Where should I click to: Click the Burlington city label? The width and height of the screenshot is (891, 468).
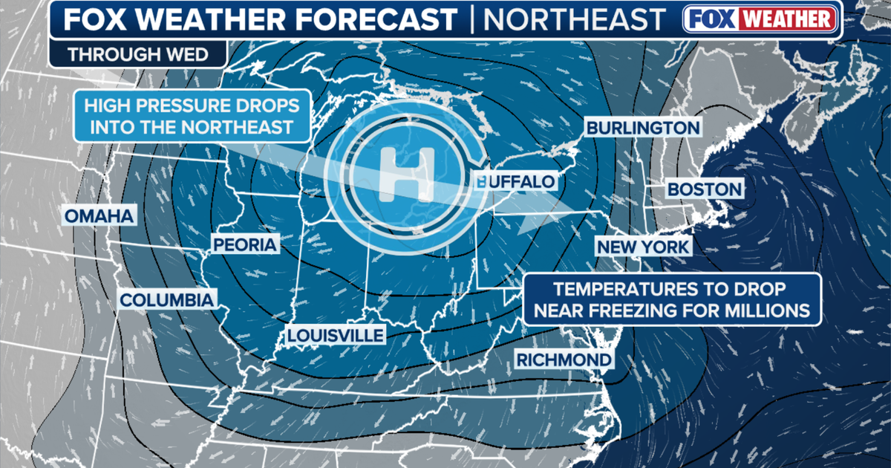[x=642, y=128]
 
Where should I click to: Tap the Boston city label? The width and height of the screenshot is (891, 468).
[x=704, y=189]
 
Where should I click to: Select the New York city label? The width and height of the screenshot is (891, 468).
[x=643, y=247]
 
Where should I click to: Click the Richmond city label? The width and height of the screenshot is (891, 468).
[x=564, y=360]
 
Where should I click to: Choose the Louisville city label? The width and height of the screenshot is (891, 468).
[x=336, y=335]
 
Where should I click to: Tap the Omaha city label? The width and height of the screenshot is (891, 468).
[x=99, y=216]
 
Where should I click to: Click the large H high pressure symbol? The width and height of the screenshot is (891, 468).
[x=405, y=175]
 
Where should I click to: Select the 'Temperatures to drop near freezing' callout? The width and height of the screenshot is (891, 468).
[x=672, y=299]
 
